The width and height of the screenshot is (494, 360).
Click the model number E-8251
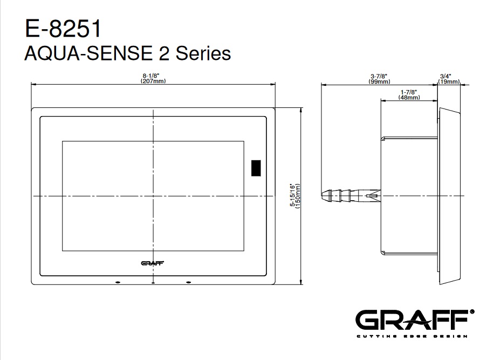[63, 29]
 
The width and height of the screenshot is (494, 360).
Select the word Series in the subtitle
[203, 53]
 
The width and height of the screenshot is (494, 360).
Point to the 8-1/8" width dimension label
[151, 76]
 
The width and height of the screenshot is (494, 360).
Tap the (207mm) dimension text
[153, 81]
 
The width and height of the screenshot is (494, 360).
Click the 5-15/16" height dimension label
[293, 195]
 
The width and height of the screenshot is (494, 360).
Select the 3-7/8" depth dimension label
[379, 76]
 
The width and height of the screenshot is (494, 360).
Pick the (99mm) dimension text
[379, 81]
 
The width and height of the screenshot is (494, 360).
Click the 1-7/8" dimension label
[409, 92]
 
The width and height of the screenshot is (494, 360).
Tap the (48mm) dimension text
[409, 97]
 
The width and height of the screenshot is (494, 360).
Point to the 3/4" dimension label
[445, 76]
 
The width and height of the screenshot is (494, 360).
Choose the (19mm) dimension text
[449, 81]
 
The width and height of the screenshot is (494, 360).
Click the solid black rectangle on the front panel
[256, 168]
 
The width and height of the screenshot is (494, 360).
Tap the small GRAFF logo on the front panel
[153, 263]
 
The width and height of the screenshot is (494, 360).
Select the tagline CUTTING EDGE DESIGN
[412, 336]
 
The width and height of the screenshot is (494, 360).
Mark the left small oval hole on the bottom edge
[118, 282]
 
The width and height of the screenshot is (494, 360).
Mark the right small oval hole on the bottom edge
[188, 282]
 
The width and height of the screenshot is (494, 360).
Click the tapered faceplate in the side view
[450, 196]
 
